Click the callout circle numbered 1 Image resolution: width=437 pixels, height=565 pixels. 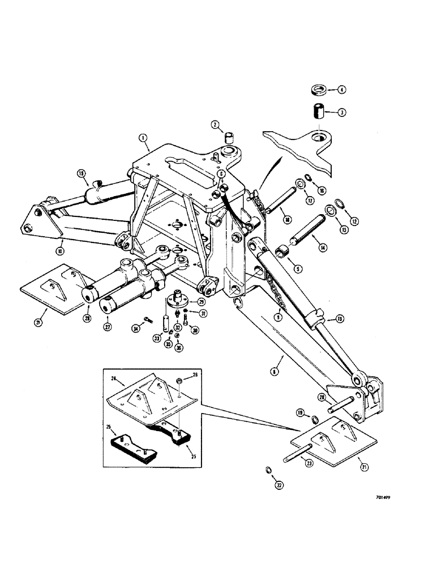point(142,137)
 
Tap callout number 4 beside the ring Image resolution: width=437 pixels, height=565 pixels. point(341,89)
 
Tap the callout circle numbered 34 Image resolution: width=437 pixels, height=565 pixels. point(135,328)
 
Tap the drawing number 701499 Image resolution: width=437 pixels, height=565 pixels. point(387,499)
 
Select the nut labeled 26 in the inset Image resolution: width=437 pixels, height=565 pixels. point(178,381)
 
